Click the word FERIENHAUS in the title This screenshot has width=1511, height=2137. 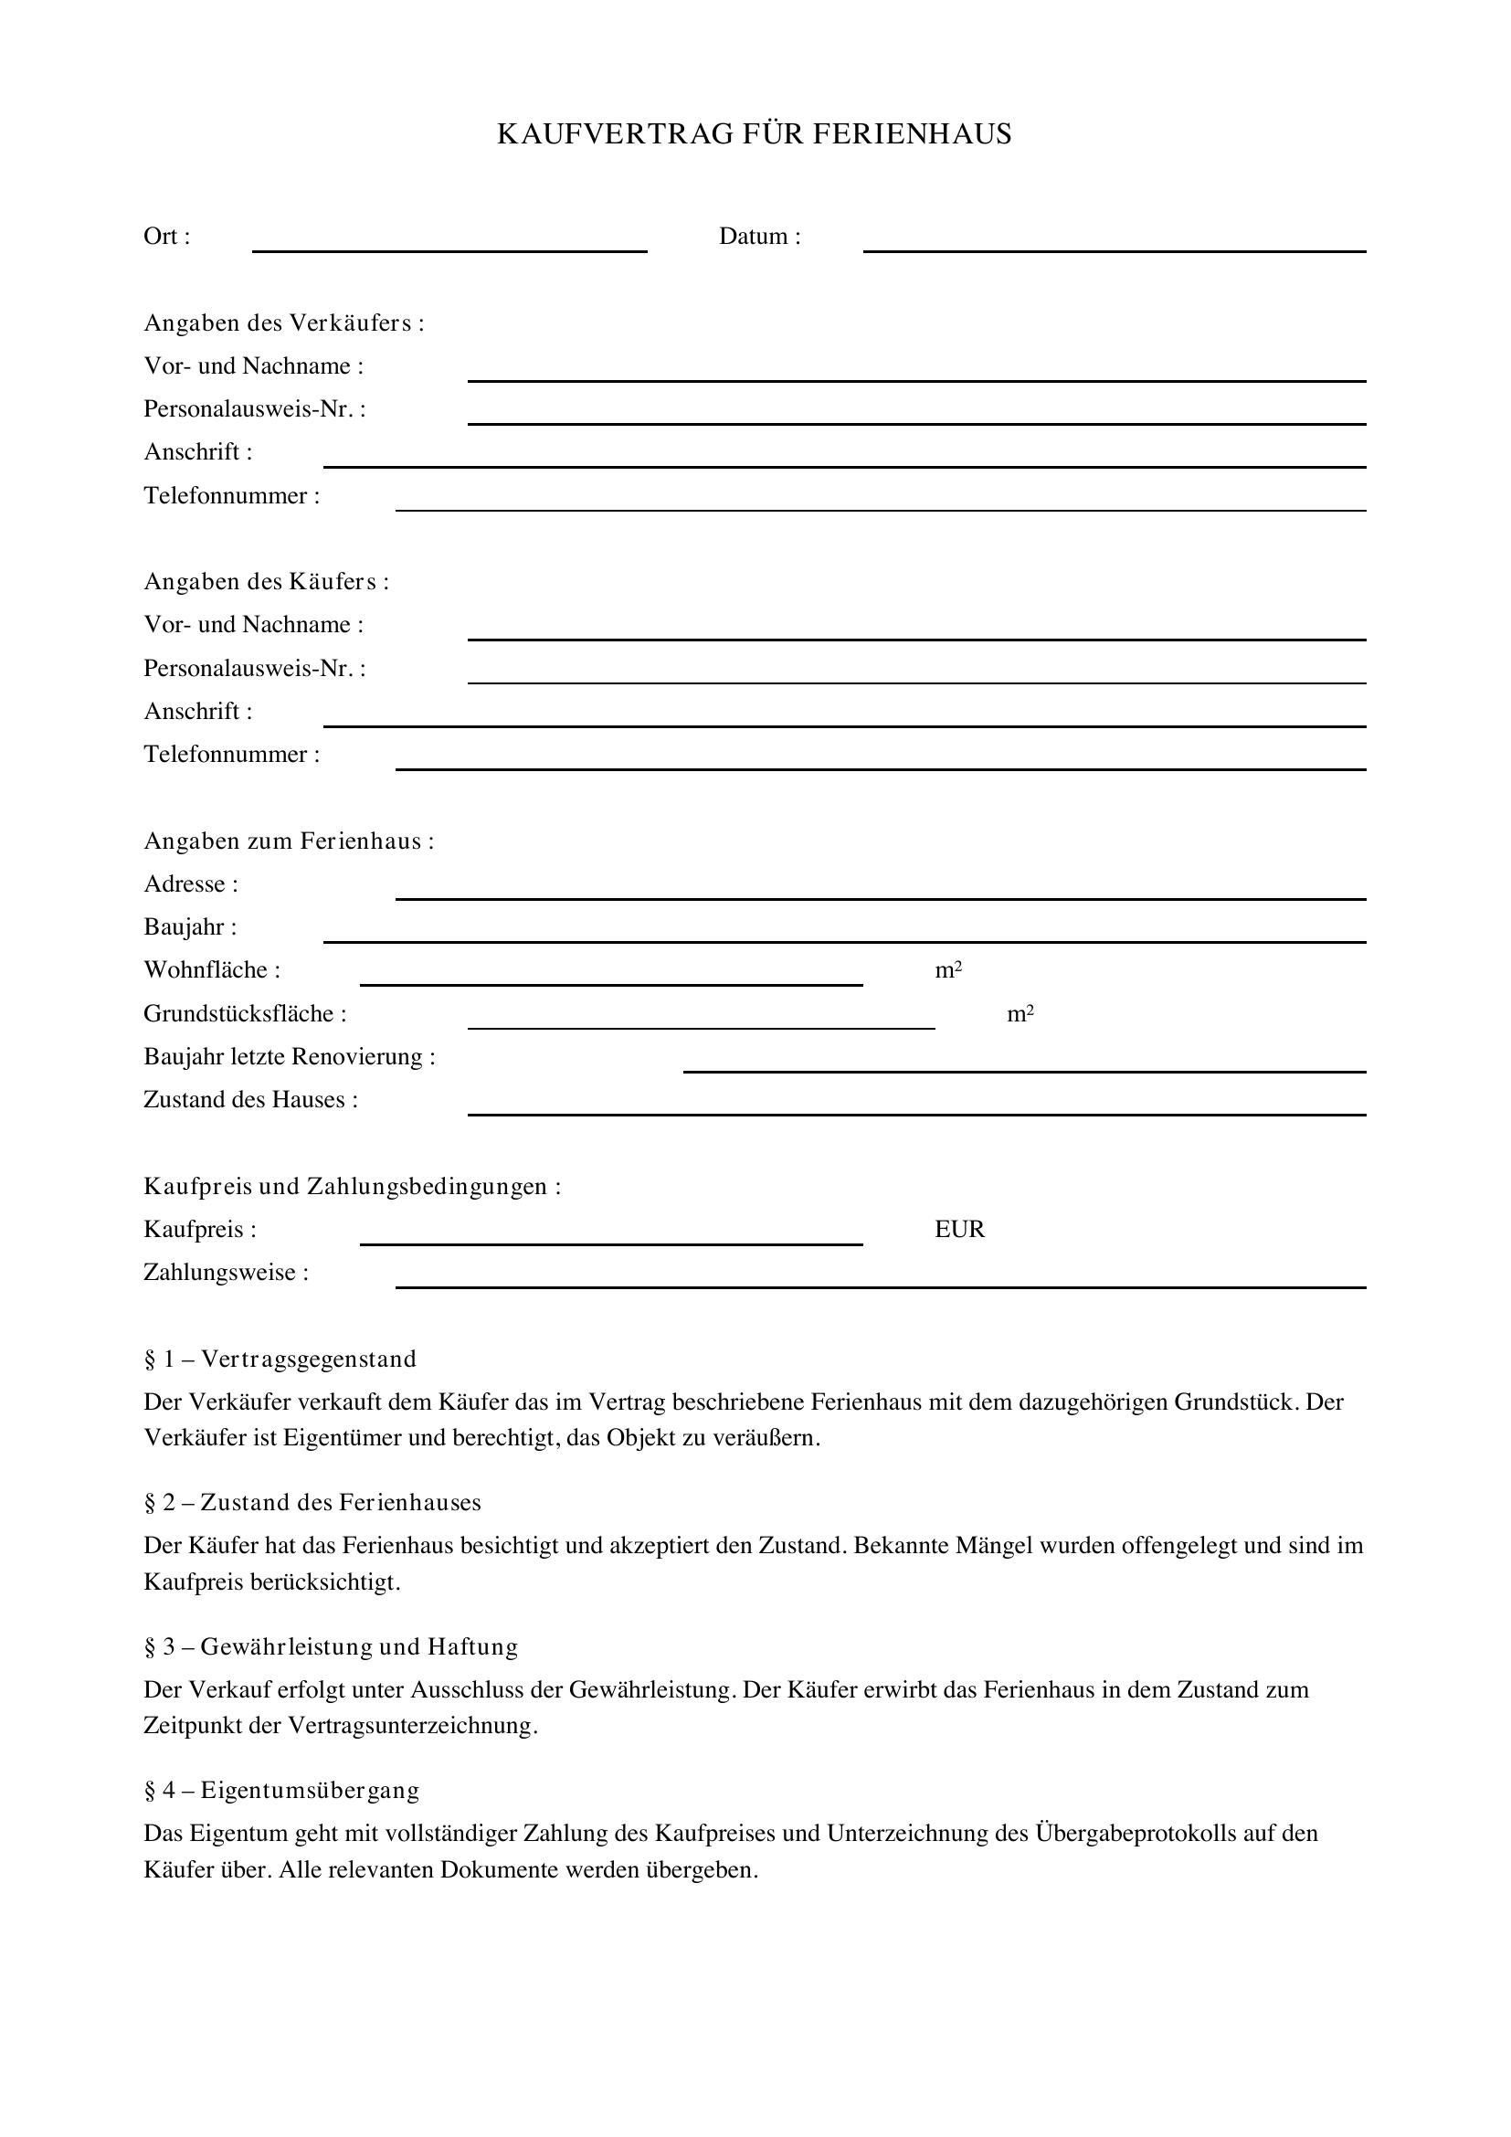(912, 135)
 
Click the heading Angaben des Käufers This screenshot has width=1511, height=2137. (266, 583)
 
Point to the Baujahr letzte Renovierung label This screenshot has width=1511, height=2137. (290, 1057)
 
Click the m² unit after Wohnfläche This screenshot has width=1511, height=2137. (948, 971)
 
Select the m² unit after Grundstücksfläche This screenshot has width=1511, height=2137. (1020, 1013)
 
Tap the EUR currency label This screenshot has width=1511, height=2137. (959, 1230)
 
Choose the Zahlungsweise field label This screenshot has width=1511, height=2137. (226, 1273)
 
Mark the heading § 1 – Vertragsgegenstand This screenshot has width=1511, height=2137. (280, 1359)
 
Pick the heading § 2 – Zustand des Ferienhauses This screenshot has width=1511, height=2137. (312, 1503)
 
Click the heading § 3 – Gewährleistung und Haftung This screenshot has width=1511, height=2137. (332, 1646)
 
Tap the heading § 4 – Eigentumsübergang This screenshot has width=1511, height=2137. (282, 1790)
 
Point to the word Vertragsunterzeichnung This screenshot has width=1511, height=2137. (412, 1726)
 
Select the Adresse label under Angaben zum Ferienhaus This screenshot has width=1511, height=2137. (191, 884)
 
